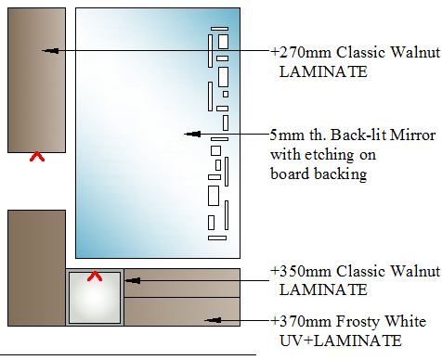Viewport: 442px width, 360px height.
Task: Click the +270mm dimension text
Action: coord(301,52)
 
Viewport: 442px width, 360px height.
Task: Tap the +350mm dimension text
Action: coord(301,271)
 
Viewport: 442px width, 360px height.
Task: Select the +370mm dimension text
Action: coord(301,321)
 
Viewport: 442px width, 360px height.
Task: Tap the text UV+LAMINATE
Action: coord(341,341)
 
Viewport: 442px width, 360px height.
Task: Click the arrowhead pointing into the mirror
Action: coord(192,134)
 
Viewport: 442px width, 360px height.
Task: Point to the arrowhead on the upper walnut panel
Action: coord(50,50)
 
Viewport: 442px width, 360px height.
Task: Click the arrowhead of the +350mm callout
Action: coord(132,280)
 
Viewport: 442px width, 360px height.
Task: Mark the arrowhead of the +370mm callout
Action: coord(213,320)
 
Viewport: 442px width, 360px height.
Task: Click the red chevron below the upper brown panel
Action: coord(37,156)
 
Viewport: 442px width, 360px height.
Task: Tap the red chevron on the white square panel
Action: coord(95,276)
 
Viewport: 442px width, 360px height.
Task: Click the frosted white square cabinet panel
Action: coord(95,298)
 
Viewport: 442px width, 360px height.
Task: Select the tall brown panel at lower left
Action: coord(36,268)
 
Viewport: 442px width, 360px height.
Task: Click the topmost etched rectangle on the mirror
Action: coord(219,29)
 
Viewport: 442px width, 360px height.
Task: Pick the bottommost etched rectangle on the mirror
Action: coord(217,238)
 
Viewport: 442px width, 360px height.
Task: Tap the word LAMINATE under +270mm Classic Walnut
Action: coord(323,71)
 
